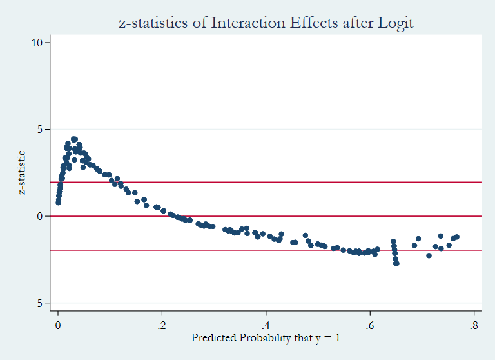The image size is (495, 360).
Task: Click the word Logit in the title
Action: [394, 23]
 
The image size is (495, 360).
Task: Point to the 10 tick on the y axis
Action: [37, 43]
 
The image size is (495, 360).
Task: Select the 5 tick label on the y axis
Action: [40, 130]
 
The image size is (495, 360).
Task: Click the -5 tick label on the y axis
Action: [38, 303]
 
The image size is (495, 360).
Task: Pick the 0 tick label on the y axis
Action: [40, 217]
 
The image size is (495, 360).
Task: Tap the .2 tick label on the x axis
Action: [161, 324]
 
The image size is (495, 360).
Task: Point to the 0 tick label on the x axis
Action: [58, 324]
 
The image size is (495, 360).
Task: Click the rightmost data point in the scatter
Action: [456, 237]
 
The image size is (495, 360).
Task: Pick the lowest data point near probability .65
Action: [396, 263]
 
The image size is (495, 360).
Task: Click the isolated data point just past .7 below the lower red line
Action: [429, 255]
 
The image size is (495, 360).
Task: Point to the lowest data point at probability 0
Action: [58, 203]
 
